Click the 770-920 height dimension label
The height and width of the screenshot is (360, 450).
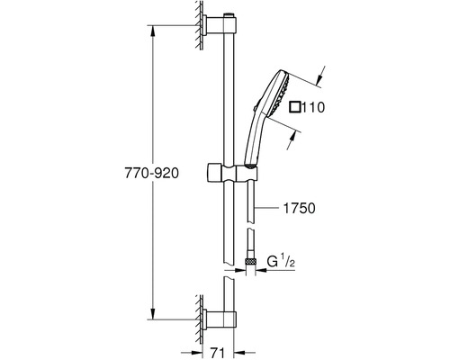tap(151, 174)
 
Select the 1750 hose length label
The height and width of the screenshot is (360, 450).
tap(299, 209)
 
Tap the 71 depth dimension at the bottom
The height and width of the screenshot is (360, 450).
tap(217, 354)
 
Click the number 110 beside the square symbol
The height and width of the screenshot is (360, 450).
tap(313, 107)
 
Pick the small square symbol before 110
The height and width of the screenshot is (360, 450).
tap(295, 107)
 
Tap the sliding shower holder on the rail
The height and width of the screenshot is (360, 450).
tap(232, 173)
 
